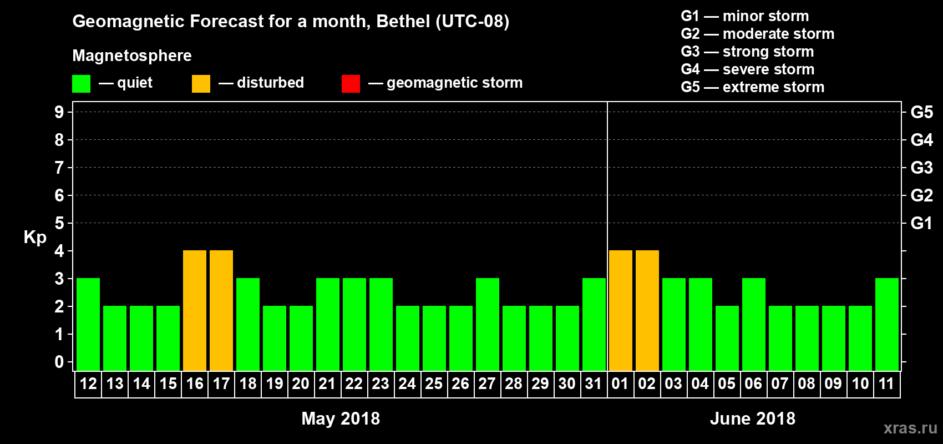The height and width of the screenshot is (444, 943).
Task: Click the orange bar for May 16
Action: click(x=195, y=310)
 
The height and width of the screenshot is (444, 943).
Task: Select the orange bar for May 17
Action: click(x=221, y=310)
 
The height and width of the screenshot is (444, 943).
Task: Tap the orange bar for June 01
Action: click(x=621, y=310)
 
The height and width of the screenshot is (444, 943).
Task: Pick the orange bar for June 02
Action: click(x=647, y=310)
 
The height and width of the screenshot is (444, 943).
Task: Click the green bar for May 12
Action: click(x=88, y=324)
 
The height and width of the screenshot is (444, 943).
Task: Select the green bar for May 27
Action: click(x=488, y=324)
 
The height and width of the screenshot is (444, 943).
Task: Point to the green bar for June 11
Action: click(x=887, y=324)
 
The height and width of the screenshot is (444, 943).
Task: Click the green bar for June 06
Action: click(x=754, y=324)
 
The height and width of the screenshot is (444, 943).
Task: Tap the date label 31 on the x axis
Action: click(x=594, y=384)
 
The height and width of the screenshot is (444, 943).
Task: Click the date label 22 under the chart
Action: click(x=354, y=384)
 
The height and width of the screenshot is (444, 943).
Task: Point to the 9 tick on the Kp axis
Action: click(x=59, y=112)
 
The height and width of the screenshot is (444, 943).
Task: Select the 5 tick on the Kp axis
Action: click(x=59, y=223)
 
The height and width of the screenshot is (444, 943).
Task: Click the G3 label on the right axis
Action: click(x=921, y=168)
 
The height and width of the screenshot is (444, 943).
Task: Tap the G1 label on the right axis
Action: click(x=921, y=223)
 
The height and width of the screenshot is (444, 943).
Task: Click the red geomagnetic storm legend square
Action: click(x=351, y=84)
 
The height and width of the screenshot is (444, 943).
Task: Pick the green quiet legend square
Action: click(x=82, y=84)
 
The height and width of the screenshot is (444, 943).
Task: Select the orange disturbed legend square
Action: click(x=201, y=84)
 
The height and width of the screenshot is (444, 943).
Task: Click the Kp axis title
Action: click(x=35, y=238)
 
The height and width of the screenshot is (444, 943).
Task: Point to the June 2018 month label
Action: click(x=753, y=418)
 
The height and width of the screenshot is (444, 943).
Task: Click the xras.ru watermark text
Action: click(x=910, y=428)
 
